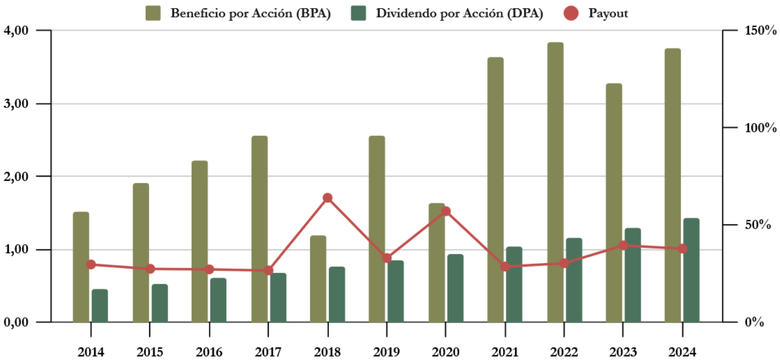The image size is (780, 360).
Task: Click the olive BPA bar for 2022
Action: [555, 182]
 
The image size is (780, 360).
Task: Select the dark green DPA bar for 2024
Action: [691, 270]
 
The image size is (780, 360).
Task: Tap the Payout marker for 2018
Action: [327, 198]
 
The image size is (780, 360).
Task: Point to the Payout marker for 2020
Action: [445, 211]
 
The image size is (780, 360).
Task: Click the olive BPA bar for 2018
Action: [318, 278]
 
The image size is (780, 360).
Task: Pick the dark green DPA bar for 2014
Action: [100, 305]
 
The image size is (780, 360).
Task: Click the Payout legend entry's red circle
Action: [571, 14]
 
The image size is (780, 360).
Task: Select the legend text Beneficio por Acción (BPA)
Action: [250, 14]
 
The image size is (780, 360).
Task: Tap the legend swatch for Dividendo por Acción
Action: [359, 14]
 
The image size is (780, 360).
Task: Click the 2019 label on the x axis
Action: [386, 352]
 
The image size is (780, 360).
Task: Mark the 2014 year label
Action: [91, 352]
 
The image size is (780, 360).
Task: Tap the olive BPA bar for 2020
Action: [437, 262]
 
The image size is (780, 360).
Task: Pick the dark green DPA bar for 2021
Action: [514, 284]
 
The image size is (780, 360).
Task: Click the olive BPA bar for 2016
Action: [200, 242]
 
